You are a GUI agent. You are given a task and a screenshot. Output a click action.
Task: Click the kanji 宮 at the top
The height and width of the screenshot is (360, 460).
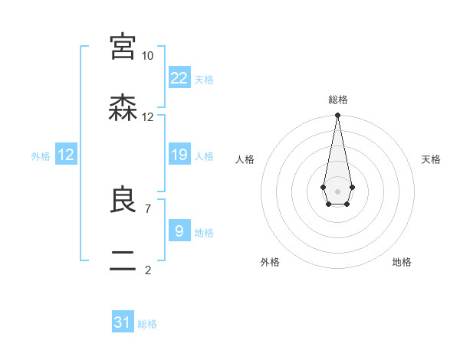pos(123,47)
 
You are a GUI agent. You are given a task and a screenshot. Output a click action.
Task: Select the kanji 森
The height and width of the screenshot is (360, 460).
pos(123,109)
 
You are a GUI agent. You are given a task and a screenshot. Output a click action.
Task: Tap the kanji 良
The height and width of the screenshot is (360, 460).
pos(123,201)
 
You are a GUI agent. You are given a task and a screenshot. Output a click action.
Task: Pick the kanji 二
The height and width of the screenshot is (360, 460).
pos(123,262)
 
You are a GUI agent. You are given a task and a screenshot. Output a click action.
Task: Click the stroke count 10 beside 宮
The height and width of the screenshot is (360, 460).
pos(147,56)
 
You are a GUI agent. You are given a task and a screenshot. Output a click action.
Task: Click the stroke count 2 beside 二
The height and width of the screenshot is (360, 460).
pos(147,270)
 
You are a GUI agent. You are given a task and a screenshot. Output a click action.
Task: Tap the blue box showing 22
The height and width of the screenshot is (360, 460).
pos(179,78)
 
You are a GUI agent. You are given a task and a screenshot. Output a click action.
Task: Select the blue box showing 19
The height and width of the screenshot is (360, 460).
pos(179,155)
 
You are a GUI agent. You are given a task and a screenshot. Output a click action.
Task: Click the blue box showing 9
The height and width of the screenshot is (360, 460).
pos(179,231)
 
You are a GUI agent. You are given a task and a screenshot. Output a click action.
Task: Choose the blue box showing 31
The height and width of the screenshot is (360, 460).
pos(123,322)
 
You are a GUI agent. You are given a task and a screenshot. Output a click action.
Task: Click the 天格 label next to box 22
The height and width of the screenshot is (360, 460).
pos(204,80)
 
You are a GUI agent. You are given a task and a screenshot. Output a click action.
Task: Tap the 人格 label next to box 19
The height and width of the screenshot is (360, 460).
pos(204,156)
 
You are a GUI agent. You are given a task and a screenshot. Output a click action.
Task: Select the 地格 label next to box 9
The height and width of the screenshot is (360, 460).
pos(204,233)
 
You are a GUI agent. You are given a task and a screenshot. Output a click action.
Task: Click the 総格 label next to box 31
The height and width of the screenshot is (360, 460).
pos(147,324)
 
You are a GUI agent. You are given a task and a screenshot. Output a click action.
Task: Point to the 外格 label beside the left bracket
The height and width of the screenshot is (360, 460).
pos(41,156)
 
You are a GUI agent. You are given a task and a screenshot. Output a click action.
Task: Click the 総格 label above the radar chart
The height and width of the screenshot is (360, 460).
pos(337,100)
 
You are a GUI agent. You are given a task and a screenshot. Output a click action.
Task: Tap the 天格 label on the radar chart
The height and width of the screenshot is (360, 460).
pos(431,159)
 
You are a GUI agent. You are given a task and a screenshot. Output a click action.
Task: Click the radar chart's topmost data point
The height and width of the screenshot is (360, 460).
pos(337,116)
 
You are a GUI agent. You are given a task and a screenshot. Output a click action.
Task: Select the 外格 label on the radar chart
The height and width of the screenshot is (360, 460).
pos(270,262)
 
